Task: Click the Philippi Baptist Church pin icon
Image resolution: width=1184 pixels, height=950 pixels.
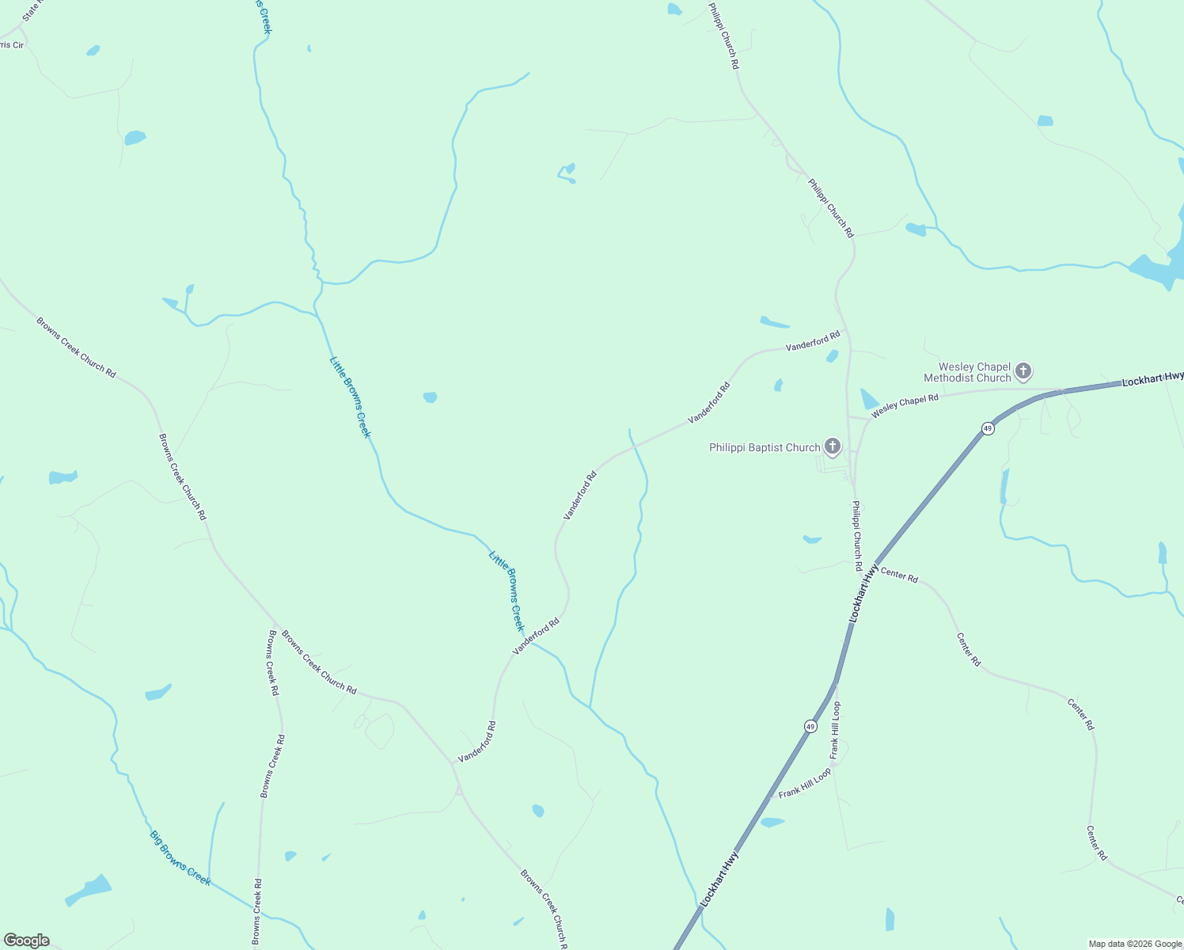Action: click(x=832, y=446)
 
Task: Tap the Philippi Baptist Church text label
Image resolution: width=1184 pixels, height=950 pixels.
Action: click(x=765, y=448)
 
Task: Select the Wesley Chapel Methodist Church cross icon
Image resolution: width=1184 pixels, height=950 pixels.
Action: click(x=1023, y=370)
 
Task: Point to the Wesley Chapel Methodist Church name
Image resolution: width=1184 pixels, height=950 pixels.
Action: click(x=967, y=372)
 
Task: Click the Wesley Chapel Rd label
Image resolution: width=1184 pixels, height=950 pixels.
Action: click(x=905, y=405)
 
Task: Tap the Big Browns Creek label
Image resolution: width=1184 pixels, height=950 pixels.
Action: click(x=180, y=858)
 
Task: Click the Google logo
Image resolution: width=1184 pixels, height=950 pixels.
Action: click(x=26, y=940)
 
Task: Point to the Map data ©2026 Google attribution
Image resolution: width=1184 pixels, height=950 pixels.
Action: click(x=1134, y=944)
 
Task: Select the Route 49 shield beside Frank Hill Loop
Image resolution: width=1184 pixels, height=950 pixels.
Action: click(x=810, y=726)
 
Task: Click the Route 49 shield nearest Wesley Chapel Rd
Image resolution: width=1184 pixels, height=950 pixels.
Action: click(x=988, y=428)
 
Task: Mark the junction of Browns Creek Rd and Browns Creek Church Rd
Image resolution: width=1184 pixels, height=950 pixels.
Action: click(x=276, y=625)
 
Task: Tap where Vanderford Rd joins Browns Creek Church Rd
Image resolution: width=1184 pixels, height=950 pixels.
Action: click(x=453, y=764)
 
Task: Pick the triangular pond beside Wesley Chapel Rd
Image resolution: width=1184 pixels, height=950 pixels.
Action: click(x=868, y=400)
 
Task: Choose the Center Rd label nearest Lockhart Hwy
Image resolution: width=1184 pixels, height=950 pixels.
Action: click(x=899, y=576)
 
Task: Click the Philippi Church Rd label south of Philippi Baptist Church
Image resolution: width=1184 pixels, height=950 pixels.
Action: click(x=856, y=536)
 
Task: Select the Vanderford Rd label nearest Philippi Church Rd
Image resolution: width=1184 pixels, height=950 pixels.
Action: click(x=813, y=342)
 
